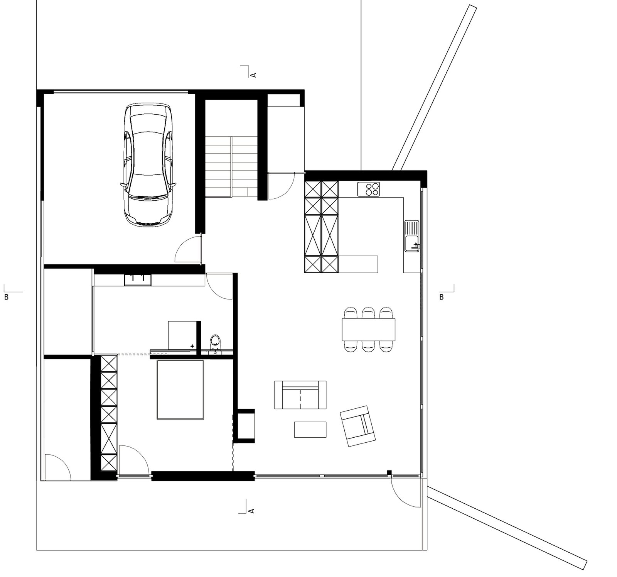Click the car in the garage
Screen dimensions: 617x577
(x=148, y=165)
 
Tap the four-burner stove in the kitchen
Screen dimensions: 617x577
(x=369, y=189)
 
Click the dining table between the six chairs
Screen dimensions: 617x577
(x=369, y=329)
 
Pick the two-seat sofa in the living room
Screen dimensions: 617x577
(x=300, y=394)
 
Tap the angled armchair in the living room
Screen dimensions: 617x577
(x=357, y=426)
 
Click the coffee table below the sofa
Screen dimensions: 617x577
(x=310, y=429)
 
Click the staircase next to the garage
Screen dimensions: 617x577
(x=231, y=166)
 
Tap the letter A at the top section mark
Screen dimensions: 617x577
(x=253, y=74)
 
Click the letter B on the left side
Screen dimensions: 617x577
(x=6, y=297)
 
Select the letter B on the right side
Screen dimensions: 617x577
(x=442, y=297)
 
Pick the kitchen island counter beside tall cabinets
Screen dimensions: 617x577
(x=359, y=264)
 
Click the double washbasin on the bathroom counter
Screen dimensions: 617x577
(x=138, y=280)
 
